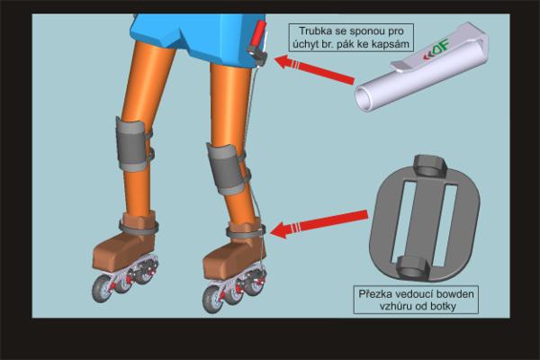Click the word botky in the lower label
(442, 306)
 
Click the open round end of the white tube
(364, 98)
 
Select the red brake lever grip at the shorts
(257, 34)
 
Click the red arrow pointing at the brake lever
(314, 70)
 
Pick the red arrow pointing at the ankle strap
(319, 224)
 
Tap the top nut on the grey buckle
(430, 166)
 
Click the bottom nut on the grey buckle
(413, 267)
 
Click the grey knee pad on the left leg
(132, 145)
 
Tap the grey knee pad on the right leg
(228, 170)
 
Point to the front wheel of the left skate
(102, 289)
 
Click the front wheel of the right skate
(213, 299)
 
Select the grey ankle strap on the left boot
(139, 227)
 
